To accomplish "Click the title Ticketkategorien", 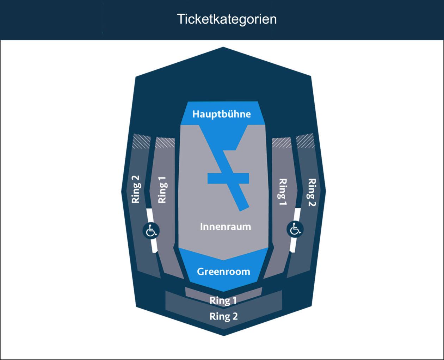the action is pyautogui.click(x=227, y=19).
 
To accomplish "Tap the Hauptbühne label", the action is pyautogui.click(x=222, y=114).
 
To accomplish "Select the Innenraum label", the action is pyautogui.click(x=226, y=226).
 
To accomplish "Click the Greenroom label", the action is pyautogui.click(x=223, y=272).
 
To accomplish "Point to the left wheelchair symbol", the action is pyautogui.click(x=151, y=231).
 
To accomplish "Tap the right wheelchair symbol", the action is pyautogui.click(x=295, y=229).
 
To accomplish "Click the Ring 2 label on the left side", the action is pyautogui.click(x=136, y=190).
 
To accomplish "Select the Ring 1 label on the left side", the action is pyautogui.click(x=162, y=190).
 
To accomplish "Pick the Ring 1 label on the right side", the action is pyautogui.click(x=283, y=192).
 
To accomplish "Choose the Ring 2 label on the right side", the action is pyautogui.click(x=312, y=192).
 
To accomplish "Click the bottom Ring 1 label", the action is pyautogui.click(x=223, y=300).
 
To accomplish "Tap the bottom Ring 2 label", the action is pyautogui.click(x=224, y=316).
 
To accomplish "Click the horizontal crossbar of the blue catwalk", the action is pyautogui.click(x=228, y=178).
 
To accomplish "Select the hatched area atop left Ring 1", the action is pyautogui.click(x=165, y=143).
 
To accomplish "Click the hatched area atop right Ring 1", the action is pyautogui.click(x=282, y=143).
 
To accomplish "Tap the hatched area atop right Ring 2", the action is pyautogui.click(x=305, y=141).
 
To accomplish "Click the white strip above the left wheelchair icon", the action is pyautogui.click(x=150, y=215).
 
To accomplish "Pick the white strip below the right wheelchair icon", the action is pyautogui.click(x=293, y=245).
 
